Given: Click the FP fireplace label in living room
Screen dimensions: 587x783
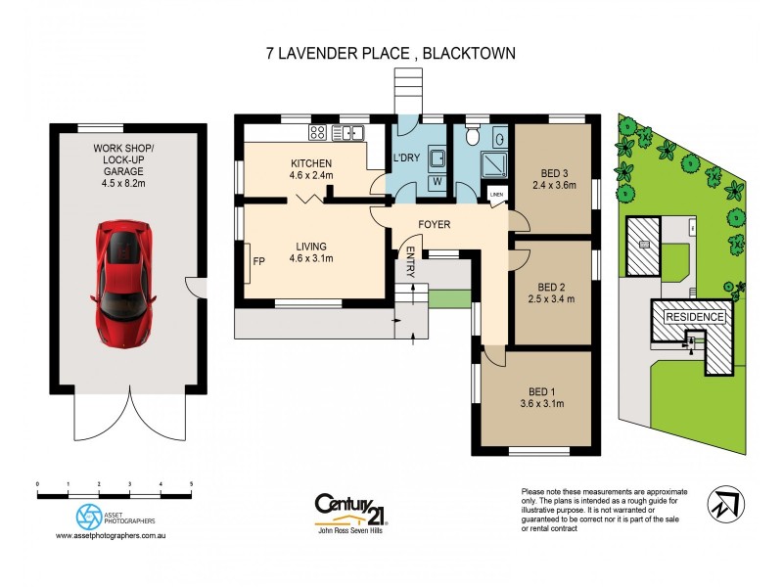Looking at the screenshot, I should [x=258, y=261].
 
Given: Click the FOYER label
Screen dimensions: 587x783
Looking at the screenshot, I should [x=434, y=225].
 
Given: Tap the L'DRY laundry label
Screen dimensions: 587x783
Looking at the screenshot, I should [x=406, y=158].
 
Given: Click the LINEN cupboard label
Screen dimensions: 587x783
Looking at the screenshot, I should [x=496, y=195].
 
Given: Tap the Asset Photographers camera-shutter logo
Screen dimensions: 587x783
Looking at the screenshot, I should [x=87, y=516].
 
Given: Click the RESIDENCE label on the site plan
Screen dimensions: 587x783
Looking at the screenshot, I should [x=695, y=317].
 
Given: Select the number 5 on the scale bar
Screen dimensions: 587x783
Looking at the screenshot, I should [x=191, y=484].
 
